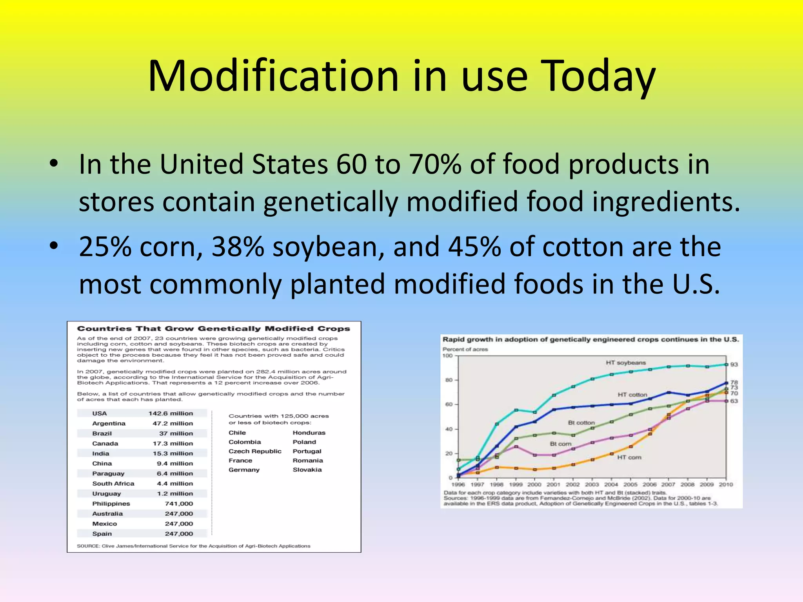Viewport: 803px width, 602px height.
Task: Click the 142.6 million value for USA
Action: [171, 413]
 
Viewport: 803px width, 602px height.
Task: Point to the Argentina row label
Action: [109, 423]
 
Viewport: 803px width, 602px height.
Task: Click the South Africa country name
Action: [113, 484]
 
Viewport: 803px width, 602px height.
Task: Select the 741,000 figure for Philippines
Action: [179, 504]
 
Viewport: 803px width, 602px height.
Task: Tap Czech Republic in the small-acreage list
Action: [255, 451]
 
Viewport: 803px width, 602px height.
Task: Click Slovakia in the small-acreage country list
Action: [307, 470]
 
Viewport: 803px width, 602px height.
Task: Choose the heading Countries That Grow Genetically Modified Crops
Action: [213, 328]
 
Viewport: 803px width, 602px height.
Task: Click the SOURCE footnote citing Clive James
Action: [193, 546]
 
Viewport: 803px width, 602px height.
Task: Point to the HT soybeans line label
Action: [625, 363]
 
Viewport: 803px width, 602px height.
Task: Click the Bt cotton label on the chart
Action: [581, 422]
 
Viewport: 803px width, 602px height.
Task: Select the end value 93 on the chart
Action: [734, 364]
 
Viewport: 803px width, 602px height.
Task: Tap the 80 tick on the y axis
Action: [449, 380]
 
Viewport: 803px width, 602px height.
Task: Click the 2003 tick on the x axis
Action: [592, 484]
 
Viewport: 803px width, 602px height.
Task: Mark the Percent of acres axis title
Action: [465, 349]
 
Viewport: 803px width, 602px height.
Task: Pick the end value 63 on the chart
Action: [734, 401]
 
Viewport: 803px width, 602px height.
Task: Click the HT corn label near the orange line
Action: [629, 457]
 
